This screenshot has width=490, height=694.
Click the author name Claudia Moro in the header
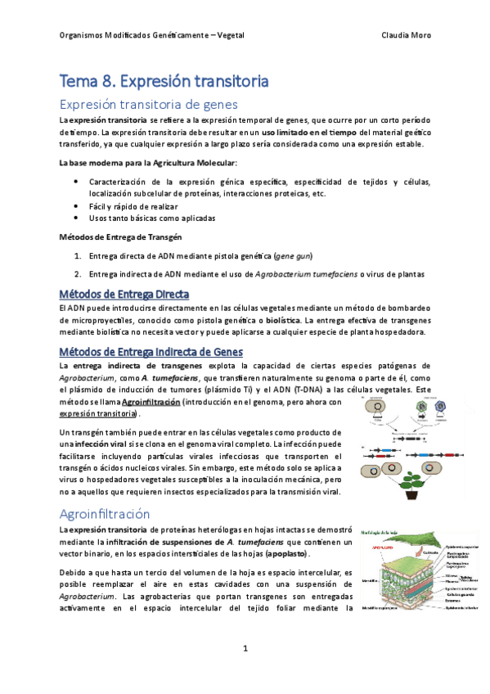coord(407,35)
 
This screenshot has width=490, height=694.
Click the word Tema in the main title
coord(79,81)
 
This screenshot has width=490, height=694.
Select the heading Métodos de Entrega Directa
coord(124,294)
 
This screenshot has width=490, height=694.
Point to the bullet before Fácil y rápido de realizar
coord(76,206)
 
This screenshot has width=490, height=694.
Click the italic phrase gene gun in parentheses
coord(293,255)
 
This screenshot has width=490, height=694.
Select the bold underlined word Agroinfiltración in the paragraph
coord(151,402)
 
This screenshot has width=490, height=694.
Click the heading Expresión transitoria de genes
coord(148,104)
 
